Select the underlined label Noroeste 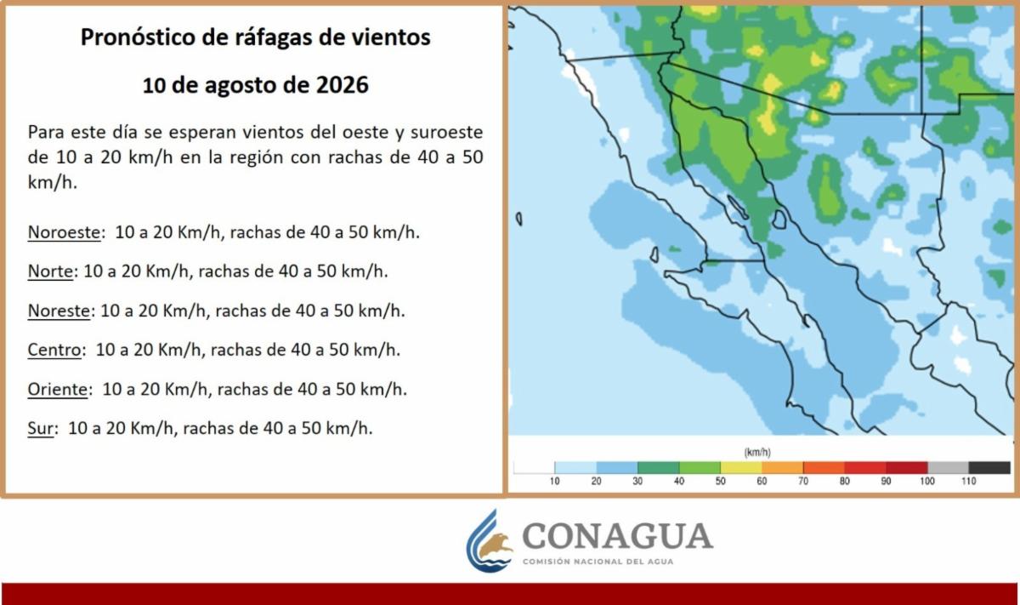[64, 232]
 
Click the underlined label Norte [50, 271]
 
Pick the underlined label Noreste [59, 311]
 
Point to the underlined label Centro [54, 350]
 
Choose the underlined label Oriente [58, 390]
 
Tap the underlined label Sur [40, 429]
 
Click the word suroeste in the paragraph [447, 132]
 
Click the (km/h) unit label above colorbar [757, 453]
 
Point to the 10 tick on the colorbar [554, 481]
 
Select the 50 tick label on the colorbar [720, 481]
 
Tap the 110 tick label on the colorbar [968, 481]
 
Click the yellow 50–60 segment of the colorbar [741, 467]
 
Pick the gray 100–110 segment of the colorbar [948, 467]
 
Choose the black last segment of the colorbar [989, 467]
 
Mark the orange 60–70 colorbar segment [782, 467]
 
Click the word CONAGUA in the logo [617, 536]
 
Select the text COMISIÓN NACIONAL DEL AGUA [598, 562]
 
